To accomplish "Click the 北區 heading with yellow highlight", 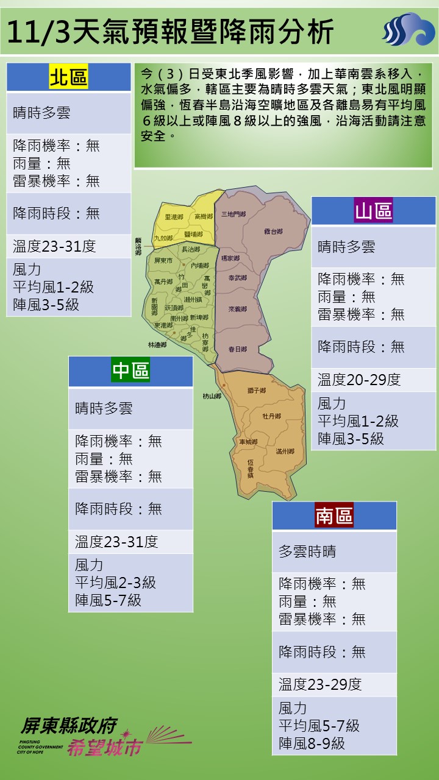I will [x=68, y=77].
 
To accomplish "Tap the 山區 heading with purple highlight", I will [x=374, y=211].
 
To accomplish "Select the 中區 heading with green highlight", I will [x=130, y=370].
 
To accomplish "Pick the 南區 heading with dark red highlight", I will [x=334, y=516].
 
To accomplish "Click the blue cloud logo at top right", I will [x=408, y=30].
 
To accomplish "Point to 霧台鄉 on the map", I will [x=273, y=232].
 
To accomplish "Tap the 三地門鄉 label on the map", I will [x=234, y=214].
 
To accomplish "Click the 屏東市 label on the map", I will [x=163, y=260].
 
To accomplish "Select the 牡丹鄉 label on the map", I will [x=271, y=416].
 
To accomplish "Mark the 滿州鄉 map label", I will [x=285, y=451].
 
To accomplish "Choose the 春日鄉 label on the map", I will [x=237, y=349].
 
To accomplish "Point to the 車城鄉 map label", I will [x=248, y=441].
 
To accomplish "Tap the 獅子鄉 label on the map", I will [x=256, y=390].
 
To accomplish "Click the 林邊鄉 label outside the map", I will [x=157, y=344].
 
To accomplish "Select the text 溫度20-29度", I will [x=359, y=380].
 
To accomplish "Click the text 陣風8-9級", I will [x=312, y=743].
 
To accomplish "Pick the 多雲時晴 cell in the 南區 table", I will [x=307, y=552].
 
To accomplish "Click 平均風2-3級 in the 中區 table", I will [x=115, y=583].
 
